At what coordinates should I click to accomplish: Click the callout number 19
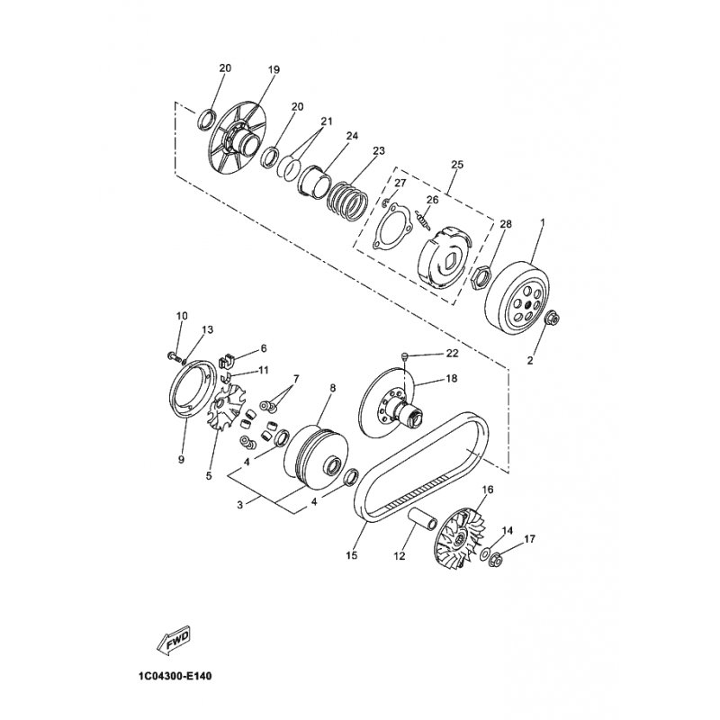click(x=274, y=69)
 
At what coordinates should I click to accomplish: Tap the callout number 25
click(x=456, y=165)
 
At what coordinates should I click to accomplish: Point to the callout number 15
click(x=352, y=556)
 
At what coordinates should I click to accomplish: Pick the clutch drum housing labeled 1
click(x=516, y=298)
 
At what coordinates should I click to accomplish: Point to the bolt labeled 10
click(x=171, y=356)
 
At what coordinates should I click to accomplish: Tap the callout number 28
click(x=505, y=223)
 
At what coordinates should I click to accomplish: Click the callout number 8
click(x=307, y=388)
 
